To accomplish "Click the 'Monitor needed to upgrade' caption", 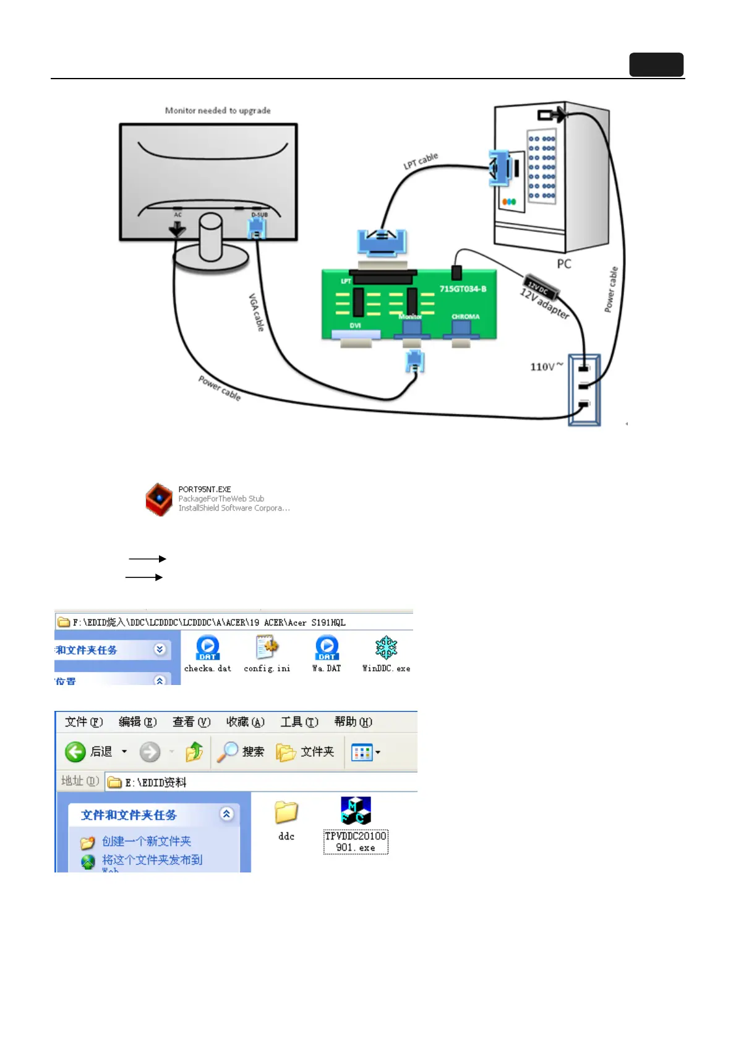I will tap(218, 111).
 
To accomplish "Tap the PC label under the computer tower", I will tap(563, 264).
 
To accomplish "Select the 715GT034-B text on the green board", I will tap(463, 289).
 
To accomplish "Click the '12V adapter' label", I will tap(544, 303).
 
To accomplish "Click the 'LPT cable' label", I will tap(421, 161).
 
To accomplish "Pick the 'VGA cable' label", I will tap(256, 312).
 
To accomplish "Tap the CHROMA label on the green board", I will tap(465, 317).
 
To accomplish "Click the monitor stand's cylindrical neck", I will tap(210, 238).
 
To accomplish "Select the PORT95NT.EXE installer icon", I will tap(159, 499).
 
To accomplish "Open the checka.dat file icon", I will tap(207, 648).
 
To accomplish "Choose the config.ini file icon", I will tap(267, 648).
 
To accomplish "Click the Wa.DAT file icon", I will tap(327, 648).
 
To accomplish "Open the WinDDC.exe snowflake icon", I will tap(386, 648).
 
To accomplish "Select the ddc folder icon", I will tap(286, 812).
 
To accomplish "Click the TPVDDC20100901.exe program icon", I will tap(356, 811).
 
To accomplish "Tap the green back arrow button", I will tap(75, 752).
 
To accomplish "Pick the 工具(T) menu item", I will tap(299, 722).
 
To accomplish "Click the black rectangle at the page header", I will tap(656, 64).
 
